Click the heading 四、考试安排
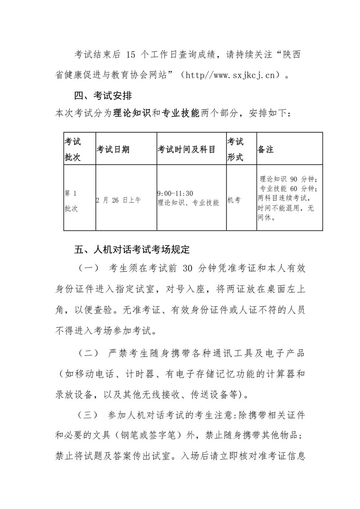point(103,96)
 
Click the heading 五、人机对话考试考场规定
point(132,250)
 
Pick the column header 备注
point(266,149)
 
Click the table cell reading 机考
point(234,200)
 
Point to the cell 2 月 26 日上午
point(118,200)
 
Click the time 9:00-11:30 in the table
point(175,193)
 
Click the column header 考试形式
point(235,149)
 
